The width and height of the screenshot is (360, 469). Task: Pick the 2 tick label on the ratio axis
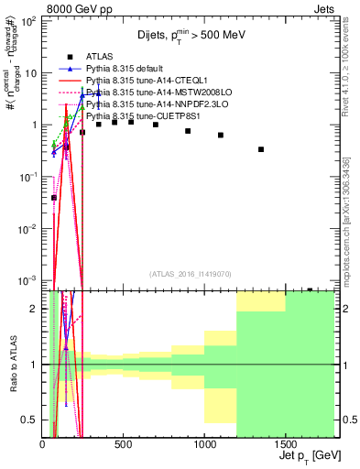(x=36, y=309)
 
